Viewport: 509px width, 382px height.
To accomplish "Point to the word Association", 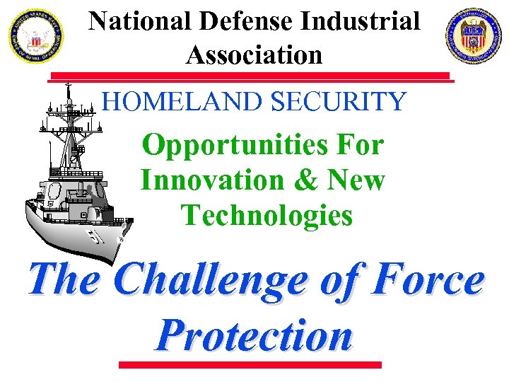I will point(254,54).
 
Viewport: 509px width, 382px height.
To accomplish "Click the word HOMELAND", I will point(183,103).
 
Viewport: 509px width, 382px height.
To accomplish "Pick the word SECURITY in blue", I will point(339,103).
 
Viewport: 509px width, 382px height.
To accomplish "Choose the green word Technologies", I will point(267,214).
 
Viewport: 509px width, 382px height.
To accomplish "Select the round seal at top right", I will point(473,35).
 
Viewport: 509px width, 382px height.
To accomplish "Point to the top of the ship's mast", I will point(69,86).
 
